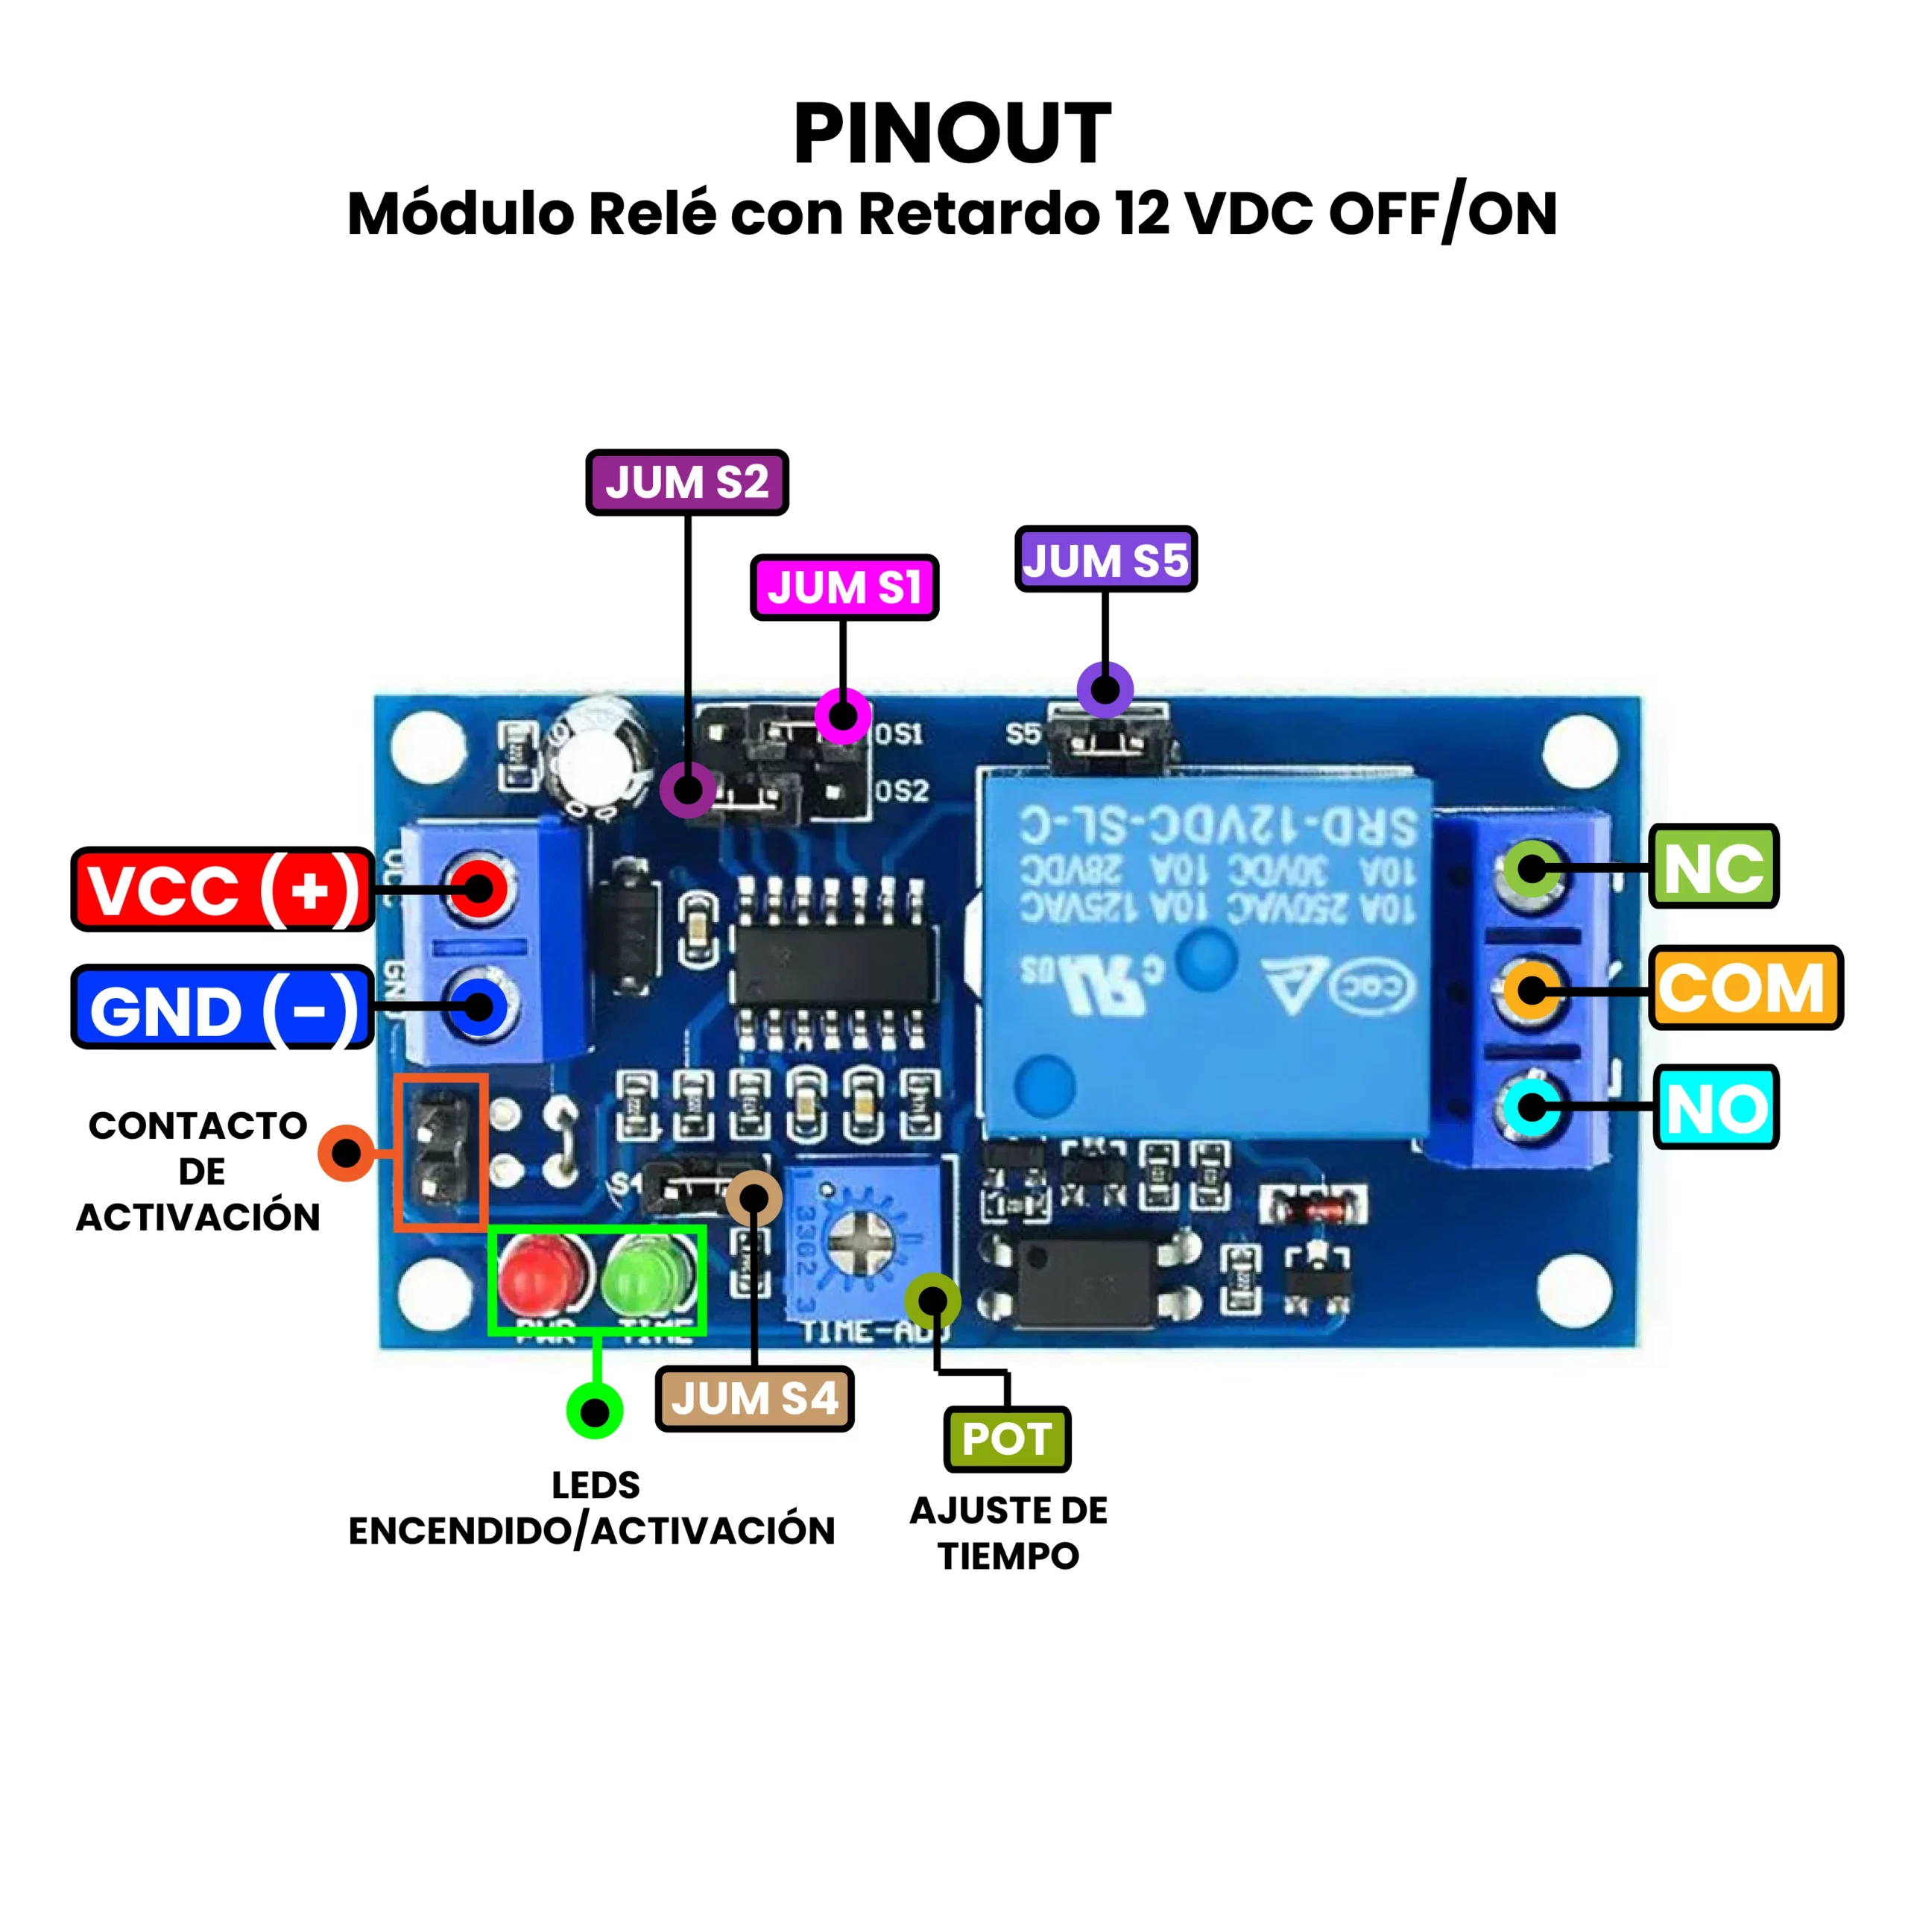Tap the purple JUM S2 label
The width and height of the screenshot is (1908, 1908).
[x=686, y=483]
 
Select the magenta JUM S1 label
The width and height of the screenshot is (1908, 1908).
[x=844, y=587]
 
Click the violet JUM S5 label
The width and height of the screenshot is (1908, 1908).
[x=1105, y=560]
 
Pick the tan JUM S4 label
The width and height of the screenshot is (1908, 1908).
[x=754, y=1398]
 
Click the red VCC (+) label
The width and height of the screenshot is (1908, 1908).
[x=222, y=889]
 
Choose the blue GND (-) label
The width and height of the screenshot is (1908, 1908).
[x=222, y=1009]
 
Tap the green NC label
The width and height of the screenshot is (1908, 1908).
[x=1713, y=867]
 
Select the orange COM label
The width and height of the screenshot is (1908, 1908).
[x=1745, y=988]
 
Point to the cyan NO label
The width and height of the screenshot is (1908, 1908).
[x=1716, y=1107]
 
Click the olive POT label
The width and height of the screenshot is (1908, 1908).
[x=1008, y=1439]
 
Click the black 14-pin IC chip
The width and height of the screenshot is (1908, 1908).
[x=835, y=964]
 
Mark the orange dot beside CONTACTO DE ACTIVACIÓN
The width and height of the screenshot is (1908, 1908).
[x=346, y=1152]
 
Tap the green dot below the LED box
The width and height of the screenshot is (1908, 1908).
[x=595, y=1411]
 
